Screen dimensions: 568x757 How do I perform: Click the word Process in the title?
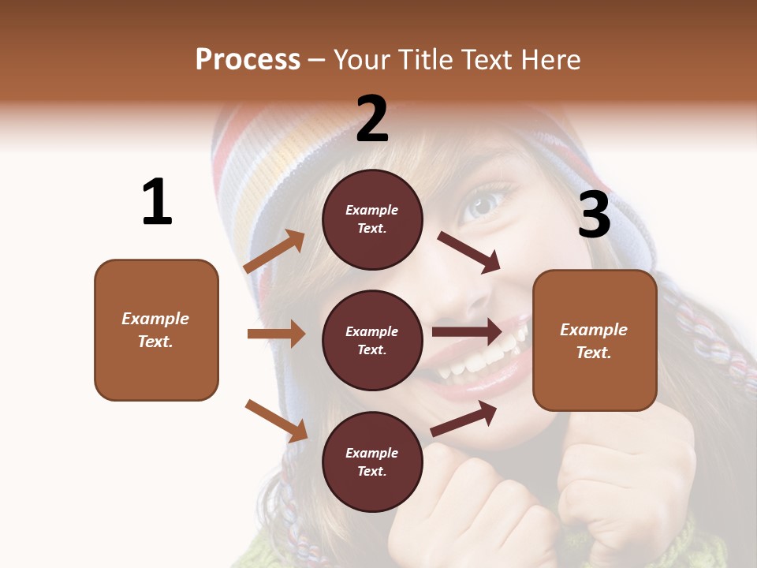[248, 60]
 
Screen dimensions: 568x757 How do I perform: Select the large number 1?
[157, 202]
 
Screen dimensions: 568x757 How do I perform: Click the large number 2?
[372, 118]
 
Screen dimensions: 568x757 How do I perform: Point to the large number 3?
[594, 215]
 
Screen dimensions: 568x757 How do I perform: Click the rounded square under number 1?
[156, 330]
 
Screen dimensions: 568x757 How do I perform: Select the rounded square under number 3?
[595, 340]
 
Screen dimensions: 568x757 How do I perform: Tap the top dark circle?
[372, 219]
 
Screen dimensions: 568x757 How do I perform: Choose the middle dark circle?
[372, 340]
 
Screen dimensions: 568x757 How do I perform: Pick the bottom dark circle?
[372, 461]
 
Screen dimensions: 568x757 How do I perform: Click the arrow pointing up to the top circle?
[274, 252]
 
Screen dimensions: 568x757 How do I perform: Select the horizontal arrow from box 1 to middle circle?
[276, 334]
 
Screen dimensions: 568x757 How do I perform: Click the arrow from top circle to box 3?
[469, 252]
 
